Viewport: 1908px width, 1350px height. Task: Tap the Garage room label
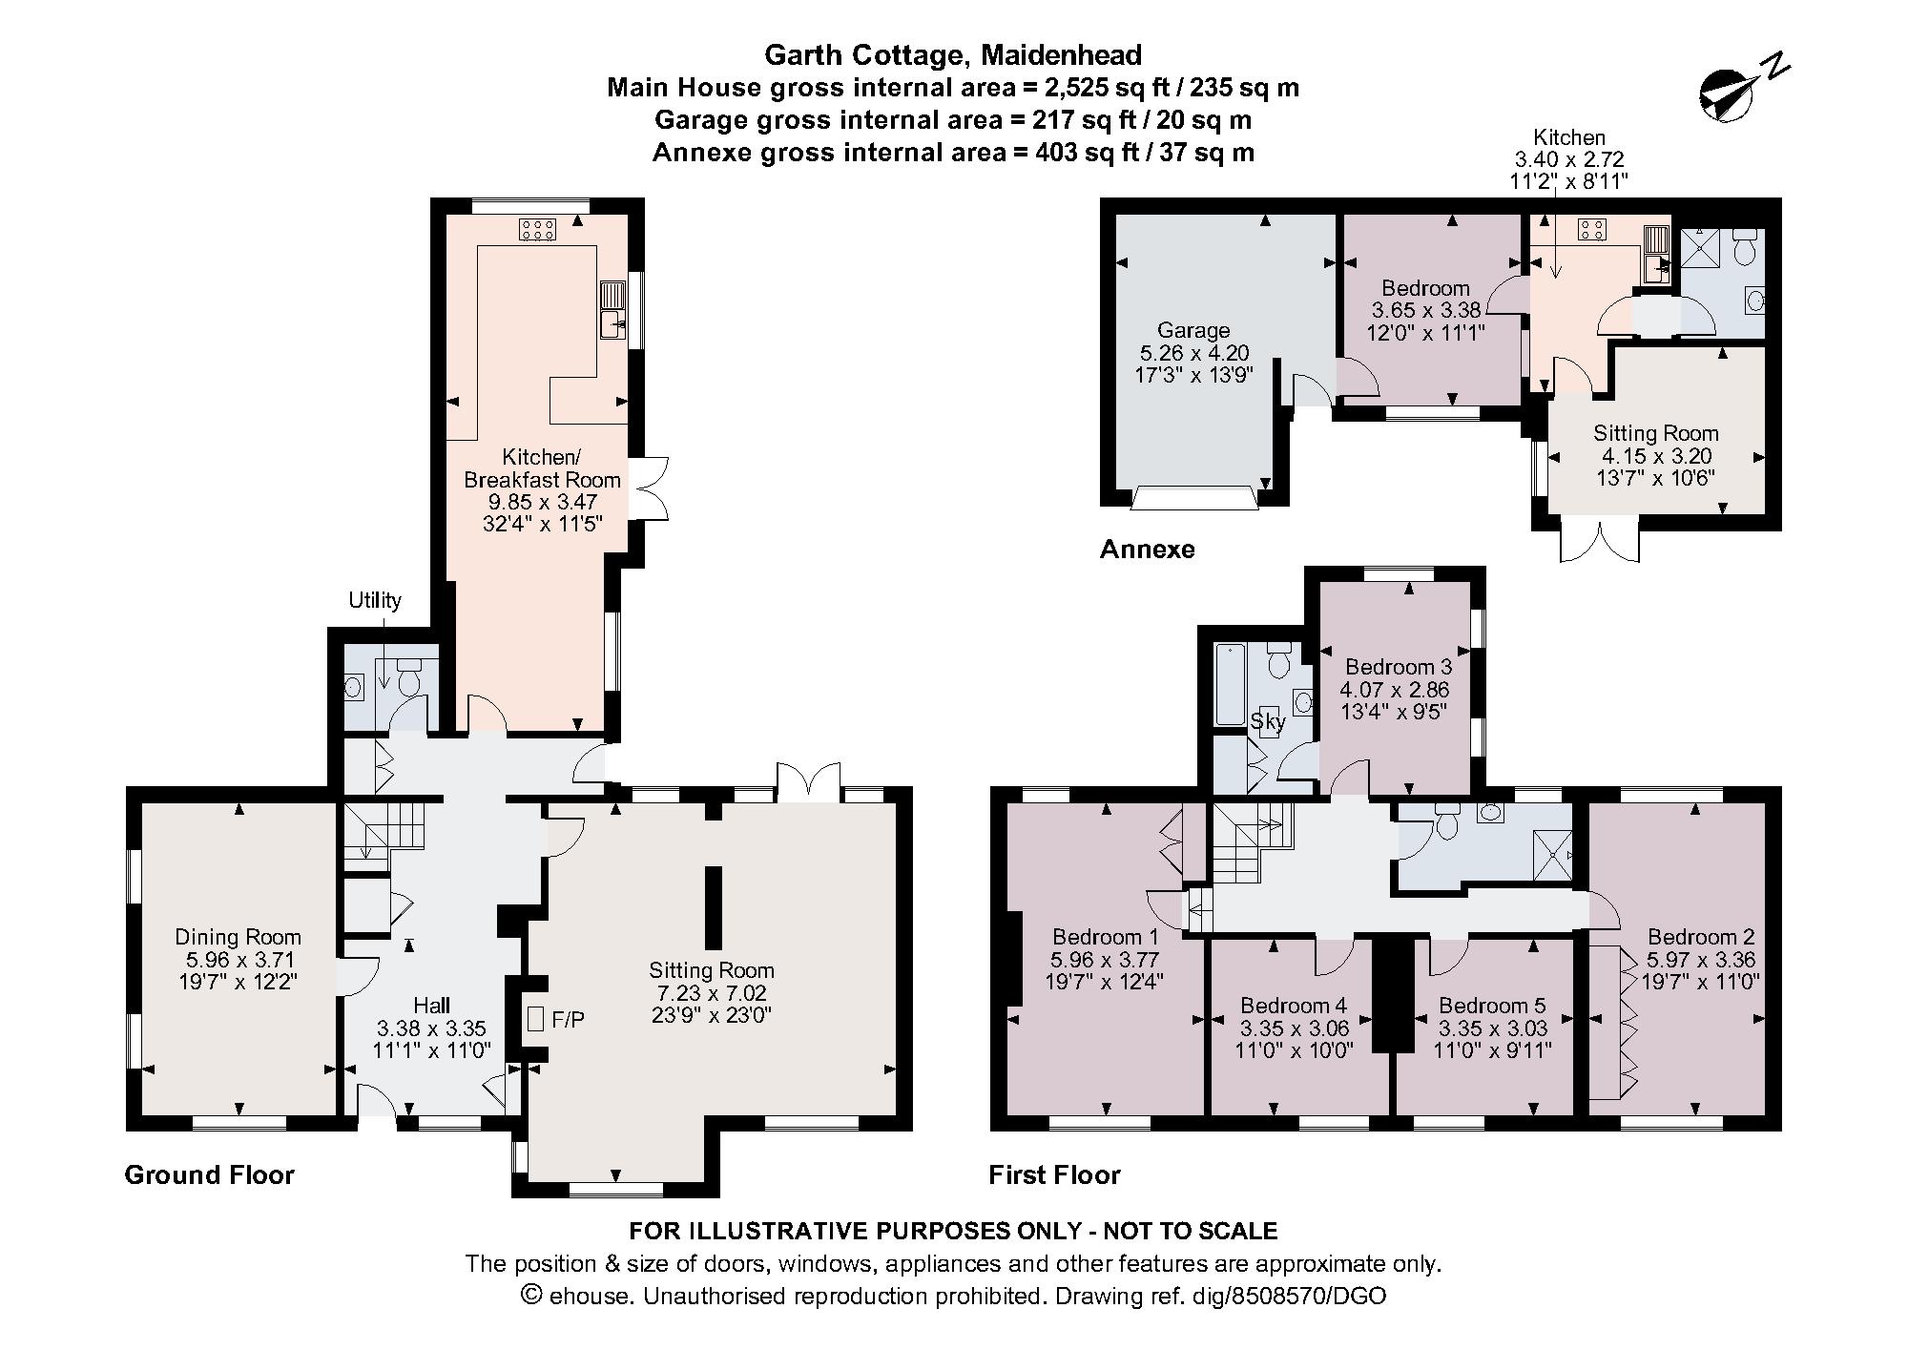[x=1192, y=331]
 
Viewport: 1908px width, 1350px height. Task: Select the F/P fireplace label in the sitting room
[x=569, y=1020]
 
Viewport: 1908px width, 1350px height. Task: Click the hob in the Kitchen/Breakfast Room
[x=537, y=229]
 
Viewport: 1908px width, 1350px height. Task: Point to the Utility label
[x=374, y=600]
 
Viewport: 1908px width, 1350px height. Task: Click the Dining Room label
[x=238, y=937]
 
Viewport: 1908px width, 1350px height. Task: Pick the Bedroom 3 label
[x=1398, y=667]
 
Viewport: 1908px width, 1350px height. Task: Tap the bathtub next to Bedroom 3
[x=1227, y=683]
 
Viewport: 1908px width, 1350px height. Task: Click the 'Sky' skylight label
[x=1268, y=721]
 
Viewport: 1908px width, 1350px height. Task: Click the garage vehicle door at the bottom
[x=1192, y=498]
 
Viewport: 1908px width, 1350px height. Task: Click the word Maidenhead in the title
[x=1061, y=55]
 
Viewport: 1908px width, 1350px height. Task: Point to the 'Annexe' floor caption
[x=1147, y=550]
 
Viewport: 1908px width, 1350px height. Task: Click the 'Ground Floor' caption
[x=209, y=1174]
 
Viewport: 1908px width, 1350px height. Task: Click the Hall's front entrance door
[x=376, y=1101]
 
